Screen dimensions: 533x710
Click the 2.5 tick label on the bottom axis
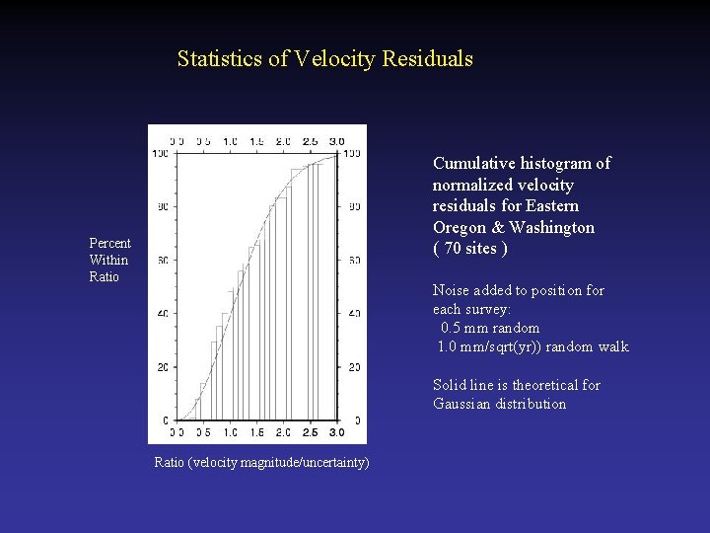point(310,432)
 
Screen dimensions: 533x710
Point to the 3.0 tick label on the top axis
point(336,141)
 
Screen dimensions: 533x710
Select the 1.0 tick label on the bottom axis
point(230,432)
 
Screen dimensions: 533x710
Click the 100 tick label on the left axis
point(159,153)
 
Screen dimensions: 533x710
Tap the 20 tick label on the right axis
point(355,367)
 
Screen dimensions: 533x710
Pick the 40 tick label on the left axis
point(162,314)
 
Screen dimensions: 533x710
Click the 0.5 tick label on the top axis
point(203,141)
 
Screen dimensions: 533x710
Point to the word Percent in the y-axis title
point(109,244)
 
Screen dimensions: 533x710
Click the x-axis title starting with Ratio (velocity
point(261,462)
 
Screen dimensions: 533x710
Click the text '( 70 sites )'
point(470,249)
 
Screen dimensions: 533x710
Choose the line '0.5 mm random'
point(490,328)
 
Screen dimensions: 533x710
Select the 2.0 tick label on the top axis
point(283,141)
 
